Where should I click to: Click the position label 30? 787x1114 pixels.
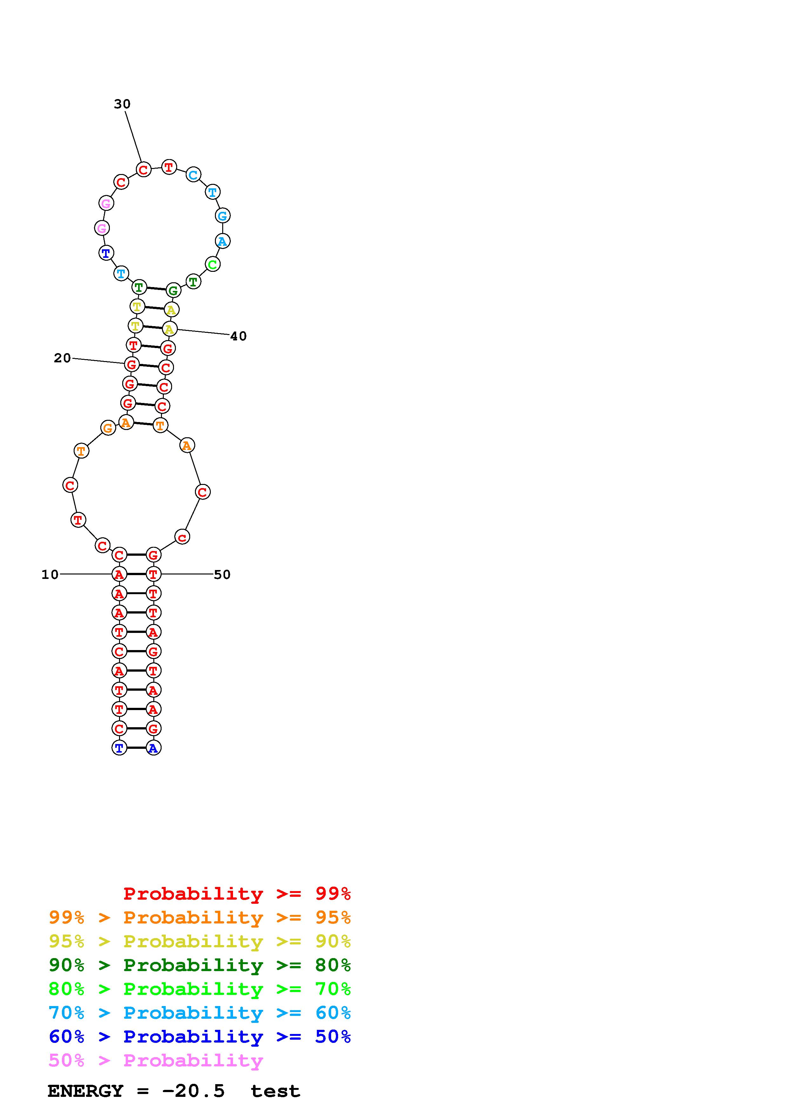(122, 104)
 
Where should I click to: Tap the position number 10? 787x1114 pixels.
(50, 574)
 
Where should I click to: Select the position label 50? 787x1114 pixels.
(222, 574)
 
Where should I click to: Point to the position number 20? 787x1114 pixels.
(62, 358)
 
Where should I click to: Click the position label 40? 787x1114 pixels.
(238, 336)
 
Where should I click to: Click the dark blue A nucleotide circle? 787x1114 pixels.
(153, 748)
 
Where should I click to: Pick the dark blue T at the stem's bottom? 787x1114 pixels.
(119, 748)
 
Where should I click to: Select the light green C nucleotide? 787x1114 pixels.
(212, 265)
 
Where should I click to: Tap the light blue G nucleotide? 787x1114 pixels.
(222, 215)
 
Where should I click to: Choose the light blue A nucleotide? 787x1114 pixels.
(222, 241)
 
